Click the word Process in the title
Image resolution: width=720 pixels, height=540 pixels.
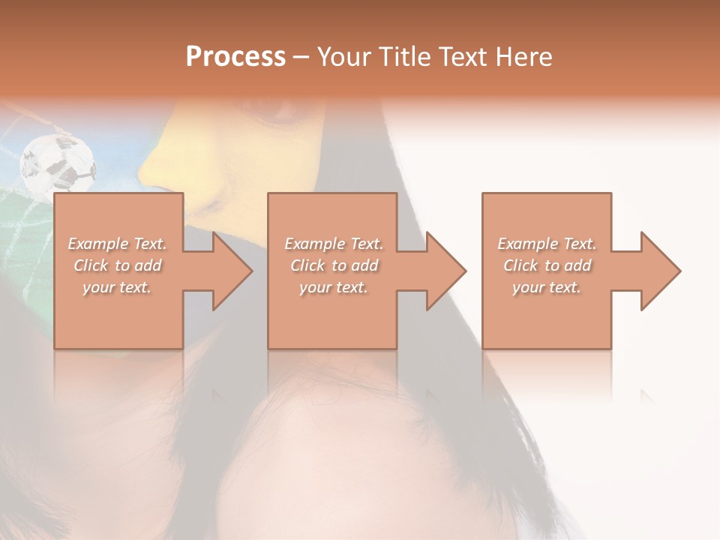pyautogui.click(x=235, y=57)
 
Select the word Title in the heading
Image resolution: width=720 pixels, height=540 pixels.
pyautogui.click(x=402, y=57)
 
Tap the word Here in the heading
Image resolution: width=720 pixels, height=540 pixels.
pyautogui.click(x=523, y=57)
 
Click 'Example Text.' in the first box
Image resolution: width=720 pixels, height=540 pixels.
pyautogui.click(x=117, y=244)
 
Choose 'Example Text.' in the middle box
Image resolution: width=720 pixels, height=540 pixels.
pyautogui.click(x=333, y=244)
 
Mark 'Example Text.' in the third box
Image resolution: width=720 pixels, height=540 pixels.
pyautogui.click(x=547, y=244)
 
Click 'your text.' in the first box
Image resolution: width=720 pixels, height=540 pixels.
pyautogui.click(x=117, y=287)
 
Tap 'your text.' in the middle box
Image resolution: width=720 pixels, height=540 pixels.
pyautogui.click(x=333, y=287)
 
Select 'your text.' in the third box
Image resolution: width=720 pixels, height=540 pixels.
pyautogui.click(x=547, y=287)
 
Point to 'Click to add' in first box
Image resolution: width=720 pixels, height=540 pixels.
pyautogui.click(x=117, y=265)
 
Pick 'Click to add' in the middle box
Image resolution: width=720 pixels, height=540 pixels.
pyautogui.click(x=333, y=265)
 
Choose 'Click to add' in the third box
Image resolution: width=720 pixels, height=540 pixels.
pyautogui.click(x=547, y=265)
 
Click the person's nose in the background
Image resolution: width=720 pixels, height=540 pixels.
pyautogui.click(x=161, y=169)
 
